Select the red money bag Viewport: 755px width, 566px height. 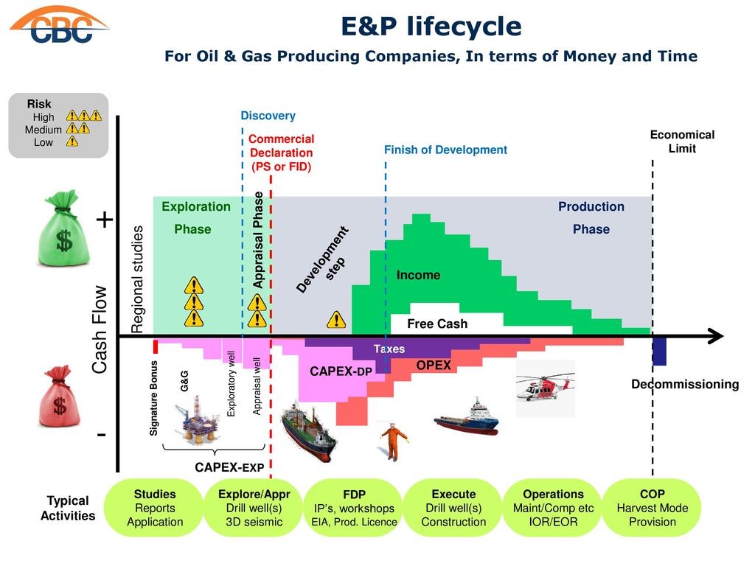click(x=60, y=396)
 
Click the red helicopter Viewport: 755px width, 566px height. click(x=545, y=387)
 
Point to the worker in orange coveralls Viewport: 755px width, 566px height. click(x=394, y=441)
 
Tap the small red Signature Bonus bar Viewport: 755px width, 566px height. click(x=156, y=346)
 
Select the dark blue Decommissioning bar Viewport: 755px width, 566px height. click(x=659, y=352)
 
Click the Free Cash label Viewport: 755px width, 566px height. click(x=437, y=324)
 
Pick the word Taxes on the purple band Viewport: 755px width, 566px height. click(x=389, y=349)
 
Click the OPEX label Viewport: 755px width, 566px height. click(x=434, y=366)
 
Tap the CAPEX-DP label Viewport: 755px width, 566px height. click(x=341, y=371)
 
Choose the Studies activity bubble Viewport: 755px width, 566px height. click(x=155, y=508)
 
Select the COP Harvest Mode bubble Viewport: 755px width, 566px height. click(x=652, y=508)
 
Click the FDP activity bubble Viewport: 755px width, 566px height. click(x=354, y=508)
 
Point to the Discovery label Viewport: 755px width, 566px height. click(x=268, y=116)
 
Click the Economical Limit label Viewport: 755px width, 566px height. click(x=682, y=141)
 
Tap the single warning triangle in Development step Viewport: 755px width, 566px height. click(x=336, y=320)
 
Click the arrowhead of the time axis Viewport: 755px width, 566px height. click(x=717, y=336)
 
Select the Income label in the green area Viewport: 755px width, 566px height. click(x=418, y=275)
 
